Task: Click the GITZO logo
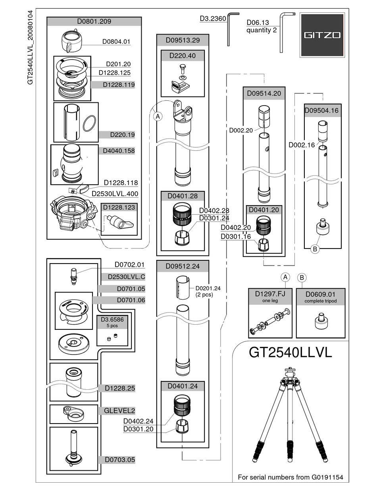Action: pyautogui.click(x=322, y=35)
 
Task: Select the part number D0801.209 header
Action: pyautogui.click(x=94, y=21)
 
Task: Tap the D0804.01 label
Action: pyautogui.click(x=116, y=41)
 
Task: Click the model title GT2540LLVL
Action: pyautogui.click(x=290, y=352)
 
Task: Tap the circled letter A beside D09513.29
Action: pyautogui.click(x=158, y=116)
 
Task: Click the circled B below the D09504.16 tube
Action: pyautogui.click(x=314, y=249)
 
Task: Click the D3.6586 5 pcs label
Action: pyautogui.click(x=113, y=322)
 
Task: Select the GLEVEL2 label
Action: pyautogui.click(x=119, y=410)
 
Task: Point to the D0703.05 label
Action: pyautogui.click(x=120, y=460)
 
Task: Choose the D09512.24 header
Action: pyautogui.click(x=183, y=266)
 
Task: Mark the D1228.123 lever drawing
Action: pyautogui.click(x=119, y=222)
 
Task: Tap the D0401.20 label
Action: pyautogui.click(x=264, y=210)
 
